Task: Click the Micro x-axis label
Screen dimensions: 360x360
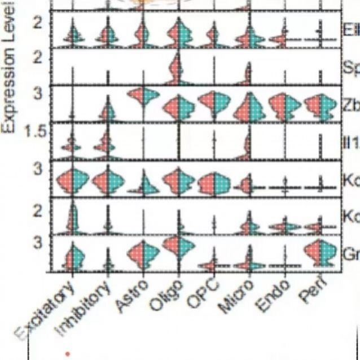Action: click(x=235, y=296)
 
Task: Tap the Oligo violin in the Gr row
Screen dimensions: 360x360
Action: click(x=178, y=246)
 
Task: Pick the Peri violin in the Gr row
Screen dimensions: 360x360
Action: click(x=319, y=252)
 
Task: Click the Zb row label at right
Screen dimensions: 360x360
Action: click(x=350, y=105)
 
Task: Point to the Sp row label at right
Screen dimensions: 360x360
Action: click(x=350, y=68)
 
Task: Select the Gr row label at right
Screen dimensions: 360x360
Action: click(x=350, y=253)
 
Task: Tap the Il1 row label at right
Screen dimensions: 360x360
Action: click(x=350, y=142)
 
